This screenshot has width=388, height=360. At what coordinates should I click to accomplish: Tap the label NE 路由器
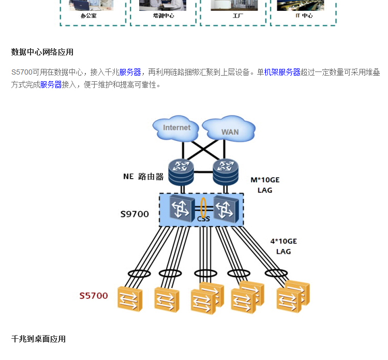click(143, 177)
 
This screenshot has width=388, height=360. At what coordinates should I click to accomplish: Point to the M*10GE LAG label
click(265, 185)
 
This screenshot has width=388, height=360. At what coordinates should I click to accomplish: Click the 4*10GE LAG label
click(283, 246)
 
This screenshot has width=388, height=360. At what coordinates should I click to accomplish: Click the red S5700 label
click(94, 296)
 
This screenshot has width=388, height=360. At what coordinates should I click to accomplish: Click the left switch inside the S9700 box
click(181, 209)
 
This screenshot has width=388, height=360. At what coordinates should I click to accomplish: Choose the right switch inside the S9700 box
click(226, 209)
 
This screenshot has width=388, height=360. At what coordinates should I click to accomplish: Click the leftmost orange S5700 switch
click(130, 299)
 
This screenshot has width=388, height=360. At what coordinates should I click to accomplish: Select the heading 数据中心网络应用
click(42, 52)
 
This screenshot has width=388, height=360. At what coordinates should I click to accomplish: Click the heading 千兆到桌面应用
click(38, 339)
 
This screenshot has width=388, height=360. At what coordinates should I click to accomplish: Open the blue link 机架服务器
click(282, 72)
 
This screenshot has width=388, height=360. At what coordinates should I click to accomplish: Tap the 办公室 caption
click(88, 16)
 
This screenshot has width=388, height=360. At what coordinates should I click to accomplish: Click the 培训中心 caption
click(163, 16)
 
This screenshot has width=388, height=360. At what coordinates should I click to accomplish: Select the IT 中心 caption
click(304, 16)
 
